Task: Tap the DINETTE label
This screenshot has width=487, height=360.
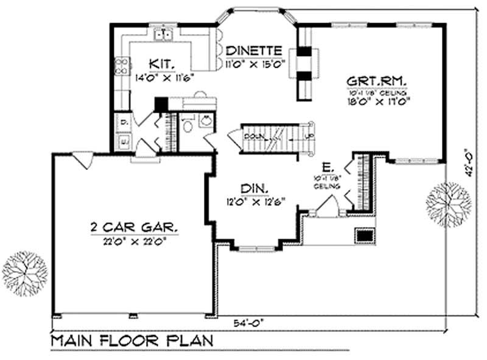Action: point(253,51)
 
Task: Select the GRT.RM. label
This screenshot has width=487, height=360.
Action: point(377,80)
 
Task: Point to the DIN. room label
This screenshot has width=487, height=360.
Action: point(253,187)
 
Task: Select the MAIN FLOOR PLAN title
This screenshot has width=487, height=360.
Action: point(131,340)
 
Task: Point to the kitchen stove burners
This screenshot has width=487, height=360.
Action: point(122,65)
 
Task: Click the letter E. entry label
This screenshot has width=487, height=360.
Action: point(327,166)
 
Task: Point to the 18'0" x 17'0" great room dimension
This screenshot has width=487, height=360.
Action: point(377,102)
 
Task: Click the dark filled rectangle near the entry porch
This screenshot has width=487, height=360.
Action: point(364,235)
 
